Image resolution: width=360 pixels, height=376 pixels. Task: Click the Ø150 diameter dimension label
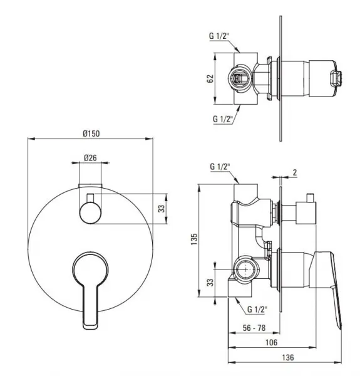[x=91, y=133]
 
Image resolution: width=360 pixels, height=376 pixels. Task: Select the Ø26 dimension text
[x=90, y=158]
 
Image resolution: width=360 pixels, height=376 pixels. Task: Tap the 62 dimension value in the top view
[x=210, y=79]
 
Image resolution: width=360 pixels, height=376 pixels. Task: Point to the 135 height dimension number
[x=194, y=239]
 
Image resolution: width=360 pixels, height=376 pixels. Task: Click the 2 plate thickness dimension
[x=295, y=172]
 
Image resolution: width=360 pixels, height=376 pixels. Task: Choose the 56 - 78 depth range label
[x=254, y=328]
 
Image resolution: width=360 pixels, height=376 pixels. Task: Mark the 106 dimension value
[x=271, y=342]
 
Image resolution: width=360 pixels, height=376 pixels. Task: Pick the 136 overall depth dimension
[x=287, y=358]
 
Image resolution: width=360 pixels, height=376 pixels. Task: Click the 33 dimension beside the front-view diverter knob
[x=162, y=209]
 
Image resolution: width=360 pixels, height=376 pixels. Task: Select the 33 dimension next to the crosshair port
[x=210, y=282]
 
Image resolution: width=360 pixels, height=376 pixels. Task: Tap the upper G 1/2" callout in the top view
[x=219, y=36]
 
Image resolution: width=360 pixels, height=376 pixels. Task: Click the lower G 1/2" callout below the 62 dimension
[x=223, y=118]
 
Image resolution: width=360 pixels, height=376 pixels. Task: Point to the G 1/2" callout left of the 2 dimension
[x=220, y=167]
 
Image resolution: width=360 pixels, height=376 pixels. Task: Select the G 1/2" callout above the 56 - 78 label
[x=257, y=310]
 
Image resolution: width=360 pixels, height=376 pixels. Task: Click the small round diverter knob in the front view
[x=90, y=213]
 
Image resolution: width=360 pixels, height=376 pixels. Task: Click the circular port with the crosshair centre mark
[x=246, y=269]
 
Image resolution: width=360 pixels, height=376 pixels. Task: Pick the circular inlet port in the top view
[x=238, y=78]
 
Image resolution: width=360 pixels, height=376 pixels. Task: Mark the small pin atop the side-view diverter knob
[x=310, y=197]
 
